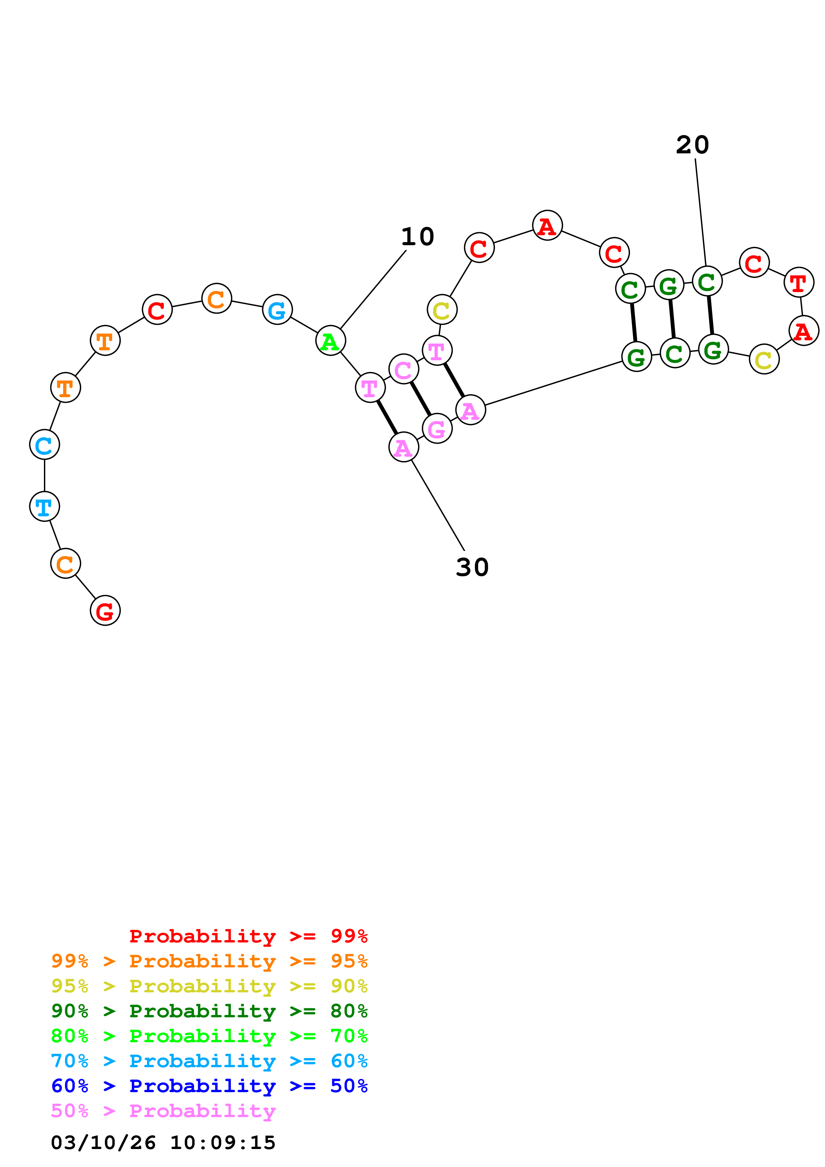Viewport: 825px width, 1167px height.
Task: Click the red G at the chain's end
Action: (105, 610)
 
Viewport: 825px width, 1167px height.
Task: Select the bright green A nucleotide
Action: (330, 341)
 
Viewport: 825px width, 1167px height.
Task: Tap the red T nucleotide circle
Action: (799, 282)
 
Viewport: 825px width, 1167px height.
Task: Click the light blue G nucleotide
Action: (277, 309)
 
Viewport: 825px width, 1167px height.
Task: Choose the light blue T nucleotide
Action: (45, 506)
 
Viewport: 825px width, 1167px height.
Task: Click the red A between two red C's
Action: (547, 225)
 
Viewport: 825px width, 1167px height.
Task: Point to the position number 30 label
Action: (472, 567)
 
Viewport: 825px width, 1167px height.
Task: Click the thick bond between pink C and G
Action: (420, 399)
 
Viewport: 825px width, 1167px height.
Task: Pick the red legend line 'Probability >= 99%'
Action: (248, 936)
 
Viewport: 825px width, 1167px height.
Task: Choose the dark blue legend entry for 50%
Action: (209, 1086)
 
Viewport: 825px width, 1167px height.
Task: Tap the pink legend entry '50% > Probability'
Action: (163, 1110)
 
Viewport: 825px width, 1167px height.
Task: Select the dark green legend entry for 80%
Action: (209, 1011)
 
